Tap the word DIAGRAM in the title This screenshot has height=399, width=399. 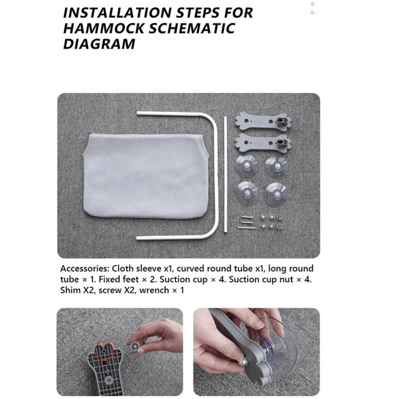99,44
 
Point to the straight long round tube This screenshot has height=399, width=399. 225,174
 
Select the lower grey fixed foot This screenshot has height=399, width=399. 263,143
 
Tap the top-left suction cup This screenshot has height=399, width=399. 246,166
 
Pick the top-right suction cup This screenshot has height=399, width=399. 276,167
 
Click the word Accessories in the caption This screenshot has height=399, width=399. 84,269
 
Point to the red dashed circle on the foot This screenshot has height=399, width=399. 105,351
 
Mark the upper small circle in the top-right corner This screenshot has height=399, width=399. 313,4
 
